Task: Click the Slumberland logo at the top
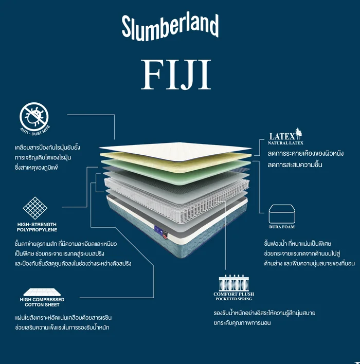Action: [x=170, y=26]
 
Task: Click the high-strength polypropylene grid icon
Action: [x=35, y=208]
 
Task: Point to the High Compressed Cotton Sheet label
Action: [x=42, y=302]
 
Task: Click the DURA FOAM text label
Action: [x=281, y=227]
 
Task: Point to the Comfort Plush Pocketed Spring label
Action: [x=234, y=296]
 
